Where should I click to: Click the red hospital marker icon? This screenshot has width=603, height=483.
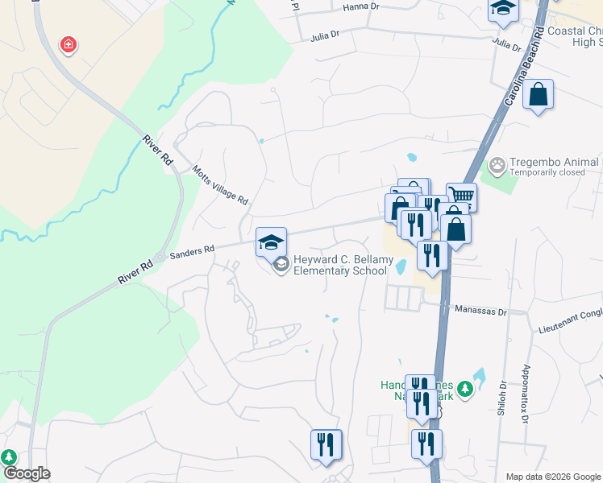point(69,45)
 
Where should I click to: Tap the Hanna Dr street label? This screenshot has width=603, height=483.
point(360,6)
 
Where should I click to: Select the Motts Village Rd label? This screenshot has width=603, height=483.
point(220,186)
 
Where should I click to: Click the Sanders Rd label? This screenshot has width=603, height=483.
point(192,251)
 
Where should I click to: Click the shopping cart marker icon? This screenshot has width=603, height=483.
point(461,196)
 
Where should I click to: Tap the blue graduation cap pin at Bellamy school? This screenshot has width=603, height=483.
point(272,242)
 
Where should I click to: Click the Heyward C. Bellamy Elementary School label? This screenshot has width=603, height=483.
point(343,265)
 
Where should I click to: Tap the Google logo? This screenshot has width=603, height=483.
point(27,473)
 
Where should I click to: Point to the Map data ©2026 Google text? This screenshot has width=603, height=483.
point(553,477)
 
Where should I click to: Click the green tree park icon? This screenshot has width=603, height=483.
point(9,457)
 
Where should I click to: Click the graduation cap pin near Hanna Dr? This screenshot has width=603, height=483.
point(503,9)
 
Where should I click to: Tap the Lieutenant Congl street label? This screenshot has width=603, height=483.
point(570,328)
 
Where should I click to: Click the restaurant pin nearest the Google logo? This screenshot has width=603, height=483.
point(326,444)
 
